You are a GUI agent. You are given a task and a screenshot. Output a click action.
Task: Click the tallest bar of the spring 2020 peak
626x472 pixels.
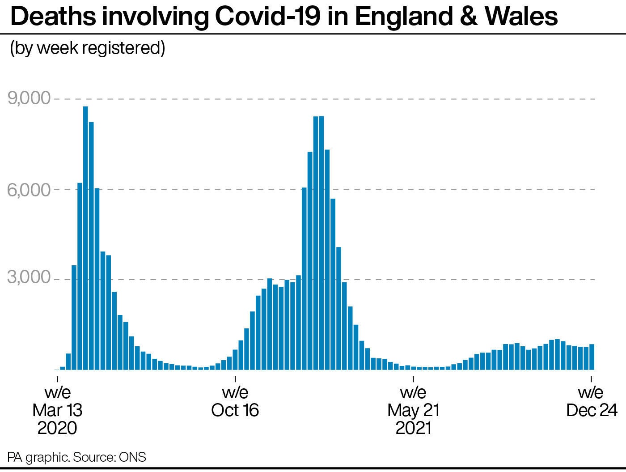(85, 237)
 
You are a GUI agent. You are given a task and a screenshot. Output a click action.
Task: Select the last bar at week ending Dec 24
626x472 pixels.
(592, 357)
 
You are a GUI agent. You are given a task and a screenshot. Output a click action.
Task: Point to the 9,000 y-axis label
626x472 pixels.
(29, 98)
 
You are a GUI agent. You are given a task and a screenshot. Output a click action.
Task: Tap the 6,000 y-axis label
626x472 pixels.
(29, 189)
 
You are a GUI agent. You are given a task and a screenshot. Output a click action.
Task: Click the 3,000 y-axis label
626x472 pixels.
(29, 277)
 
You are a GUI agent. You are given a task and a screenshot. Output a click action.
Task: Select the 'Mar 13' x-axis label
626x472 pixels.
(58, 410)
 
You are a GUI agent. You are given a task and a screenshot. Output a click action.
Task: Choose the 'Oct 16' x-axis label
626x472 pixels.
(235, 410)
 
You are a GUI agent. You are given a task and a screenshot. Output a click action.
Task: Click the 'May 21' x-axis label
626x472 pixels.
(413, 410)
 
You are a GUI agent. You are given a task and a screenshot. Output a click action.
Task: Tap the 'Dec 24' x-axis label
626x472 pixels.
(592, 410)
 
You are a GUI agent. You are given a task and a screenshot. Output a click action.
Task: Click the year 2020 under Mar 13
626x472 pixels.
(58, 428)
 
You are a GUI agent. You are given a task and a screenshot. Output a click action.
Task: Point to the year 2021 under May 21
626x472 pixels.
(413, 428)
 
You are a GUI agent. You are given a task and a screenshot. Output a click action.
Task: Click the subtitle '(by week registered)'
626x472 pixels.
(88, 47)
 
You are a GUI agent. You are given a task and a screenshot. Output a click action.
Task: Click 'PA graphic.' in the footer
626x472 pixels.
(38, 457)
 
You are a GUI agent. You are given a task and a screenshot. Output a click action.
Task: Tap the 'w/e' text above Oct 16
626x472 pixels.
(235, 392)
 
